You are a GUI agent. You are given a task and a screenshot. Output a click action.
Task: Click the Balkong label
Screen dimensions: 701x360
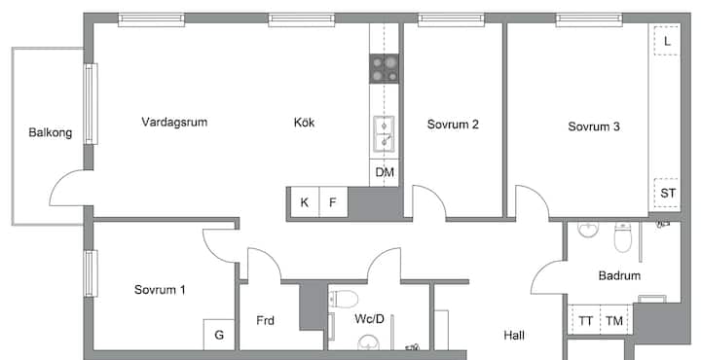[50, 132]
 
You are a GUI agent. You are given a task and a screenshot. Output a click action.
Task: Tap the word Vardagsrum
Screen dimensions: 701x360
[174, 122]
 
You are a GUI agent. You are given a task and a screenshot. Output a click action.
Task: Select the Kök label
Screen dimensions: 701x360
[304, 123]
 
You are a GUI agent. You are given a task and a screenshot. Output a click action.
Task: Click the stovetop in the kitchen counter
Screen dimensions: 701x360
[384, 69]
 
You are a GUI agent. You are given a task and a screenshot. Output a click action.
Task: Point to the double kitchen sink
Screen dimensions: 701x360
[384, 132]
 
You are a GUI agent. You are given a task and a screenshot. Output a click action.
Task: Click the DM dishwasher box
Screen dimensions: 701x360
[384, 172]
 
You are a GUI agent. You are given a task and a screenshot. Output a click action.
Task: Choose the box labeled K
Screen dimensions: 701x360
[305, 202]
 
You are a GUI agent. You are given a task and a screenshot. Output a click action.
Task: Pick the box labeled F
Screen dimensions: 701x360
[334, 202]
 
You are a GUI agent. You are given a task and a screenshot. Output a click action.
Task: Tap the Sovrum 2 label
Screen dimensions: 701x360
[453, 125]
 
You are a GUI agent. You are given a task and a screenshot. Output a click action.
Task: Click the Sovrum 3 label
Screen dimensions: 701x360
[594, 126]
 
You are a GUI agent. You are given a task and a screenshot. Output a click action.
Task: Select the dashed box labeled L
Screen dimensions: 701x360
[667, 41]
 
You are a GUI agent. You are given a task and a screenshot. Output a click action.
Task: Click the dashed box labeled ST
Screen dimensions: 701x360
[667, 194]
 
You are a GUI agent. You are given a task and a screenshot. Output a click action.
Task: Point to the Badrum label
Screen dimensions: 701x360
[619, 275]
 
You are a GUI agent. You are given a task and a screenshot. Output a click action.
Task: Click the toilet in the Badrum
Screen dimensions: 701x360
[623, 237]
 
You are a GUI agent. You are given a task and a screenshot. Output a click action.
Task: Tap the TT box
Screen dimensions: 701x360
[585, 321]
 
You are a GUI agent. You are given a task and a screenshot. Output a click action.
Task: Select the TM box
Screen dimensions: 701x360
[614, 321]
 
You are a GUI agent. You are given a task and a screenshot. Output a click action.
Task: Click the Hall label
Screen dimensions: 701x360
[514, 336]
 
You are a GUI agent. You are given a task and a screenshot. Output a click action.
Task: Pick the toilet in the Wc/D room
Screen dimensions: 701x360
[344, 299]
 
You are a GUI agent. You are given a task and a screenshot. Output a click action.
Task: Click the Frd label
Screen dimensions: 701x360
[265, 321]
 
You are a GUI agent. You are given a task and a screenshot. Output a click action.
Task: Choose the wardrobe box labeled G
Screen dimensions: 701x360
[219, 335]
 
